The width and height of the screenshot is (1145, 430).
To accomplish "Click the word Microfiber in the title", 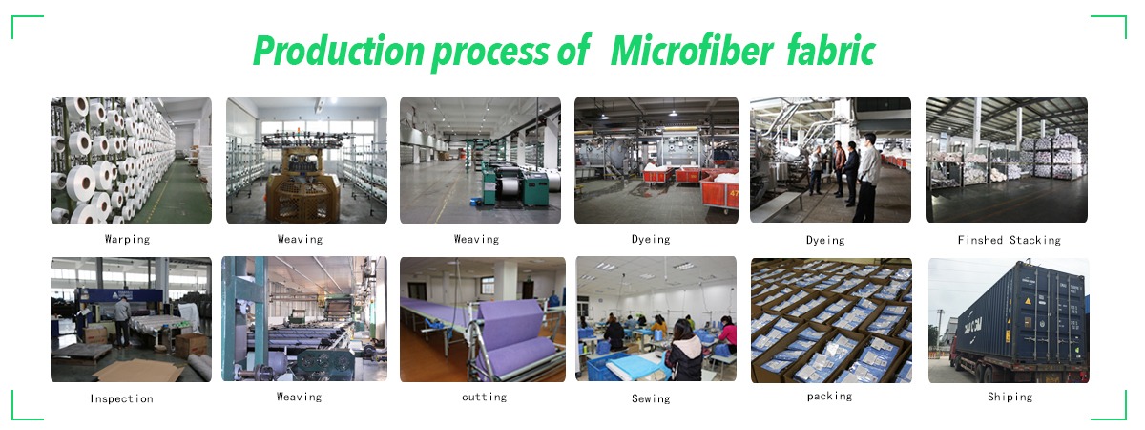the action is [x=692, y=51].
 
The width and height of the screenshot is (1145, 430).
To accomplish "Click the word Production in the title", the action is [x=339, y=51].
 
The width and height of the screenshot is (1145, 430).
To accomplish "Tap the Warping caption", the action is [x=127, y=239].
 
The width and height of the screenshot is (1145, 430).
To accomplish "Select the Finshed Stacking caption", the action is [x=1010, y=240].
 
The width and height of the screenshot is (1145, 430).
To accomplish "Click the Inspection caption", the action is [x=122, y=398].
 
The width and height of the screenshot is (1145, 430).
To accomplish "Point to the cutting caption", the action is [x=484, y=397].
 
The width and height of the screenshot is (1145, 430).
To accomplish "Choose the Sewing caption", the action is [x=651, y=398].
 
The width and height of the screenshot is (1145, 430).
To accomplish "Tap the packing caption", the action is [x=829, y=397].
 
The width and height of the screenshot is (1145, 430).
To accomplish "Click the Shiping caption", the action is [x=1010, y=397].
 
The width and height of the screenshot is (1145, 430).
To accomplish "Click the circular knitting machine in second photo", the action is [x=302, y=177].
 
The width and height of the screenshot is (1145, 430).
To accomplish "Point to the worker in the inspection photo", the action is [x=122, y=322].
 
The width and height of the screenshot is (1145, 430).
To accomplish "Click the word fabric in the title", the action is [x=832, y=51].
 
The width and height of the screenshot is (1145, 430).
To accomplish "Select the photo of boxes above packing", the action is [x=831, y=320].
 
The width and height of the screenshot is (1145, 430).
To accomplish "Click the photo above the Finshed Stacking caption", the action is [x=1007, y=161].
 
